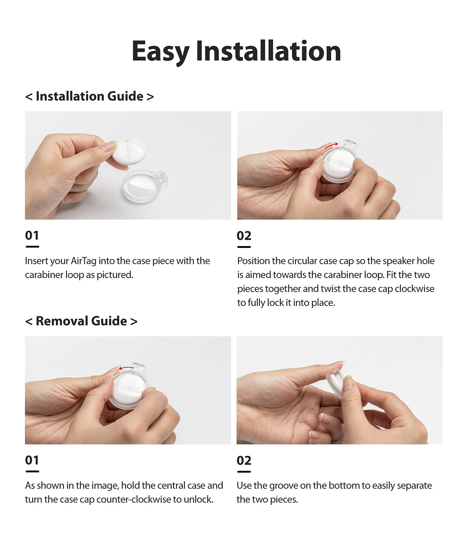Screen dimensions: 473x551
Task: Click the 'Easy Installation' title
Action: (x=236, y=51)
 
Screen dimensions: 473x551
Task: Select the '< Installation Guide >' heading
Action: (x=89, y=96)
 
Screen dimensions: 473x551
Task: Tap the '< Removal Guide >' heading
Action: (x=81, y=321)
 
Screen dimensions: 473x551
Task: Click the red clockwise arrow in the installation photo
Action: (x=331, y=145)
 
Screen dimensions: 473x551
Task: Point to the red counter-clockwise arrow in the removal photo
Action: (x=126, y=368)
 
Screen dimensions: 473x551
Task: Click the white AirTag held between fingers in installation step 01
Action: (x=129, y=151)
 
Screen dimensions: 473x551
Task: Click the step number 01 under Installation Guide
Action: (x=32, y=235)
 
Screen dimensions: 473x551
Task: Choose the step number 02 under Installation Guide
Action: (x=244, y=236)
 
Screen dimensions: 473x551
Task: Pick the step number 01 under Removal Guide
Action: (x=32, y=460)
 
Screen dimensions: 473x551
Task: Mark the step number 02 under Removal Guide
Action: (x=244, y=460)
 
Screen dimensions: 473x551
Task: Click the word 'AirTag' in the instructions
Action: (x=84, y=261)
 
